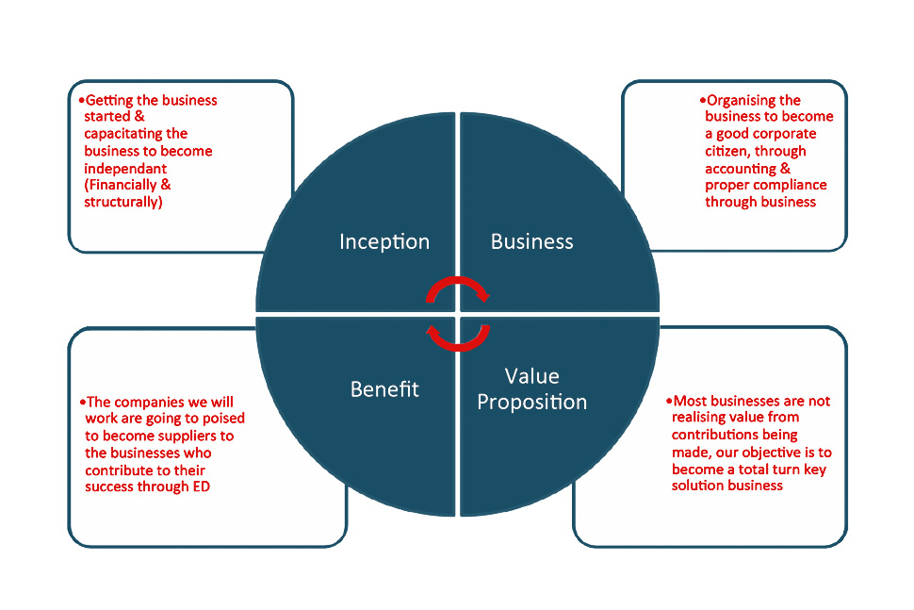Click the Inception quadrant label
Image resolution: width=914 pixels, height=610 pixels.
coord(384,241)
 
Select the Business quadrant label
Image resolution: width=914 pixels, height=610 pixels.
coord(531,241)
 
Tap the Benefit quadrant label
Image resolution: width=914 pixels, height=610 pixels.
coord(384,388)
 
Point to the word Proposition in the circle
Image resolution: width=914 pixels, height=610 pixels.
coord(531,402)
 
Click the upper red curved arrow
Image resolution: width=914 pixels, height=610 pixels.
coord(458,289)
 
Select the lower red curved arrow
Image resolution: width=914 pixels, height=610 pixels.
coord(458,337)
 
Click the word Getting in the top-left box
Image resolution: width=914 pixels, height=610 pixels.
coord(109,100)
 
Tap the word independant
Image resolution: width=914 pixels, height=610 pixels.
coord(122,168)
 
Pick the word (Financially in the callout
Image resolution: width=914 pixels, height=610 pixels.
coord(119,185)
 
